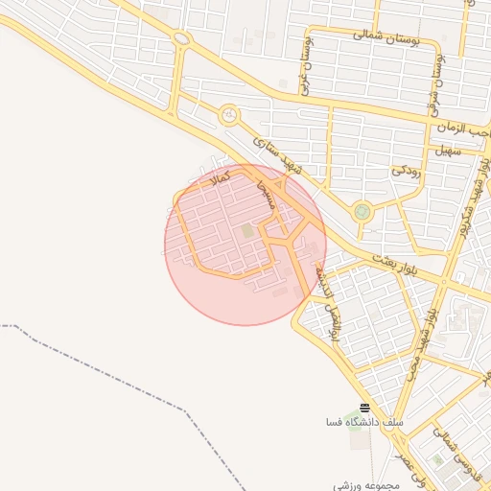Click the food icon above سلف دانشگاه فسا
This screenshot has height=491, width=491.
[x=363, y=409]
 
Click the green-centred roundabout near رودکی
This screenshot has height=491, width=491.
[x=362, y=212]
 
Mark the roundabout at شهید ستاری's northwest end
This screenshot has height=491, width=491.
[x=228, y=115]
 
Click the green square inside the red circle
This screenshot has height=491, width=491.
[x=248, y=231]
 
